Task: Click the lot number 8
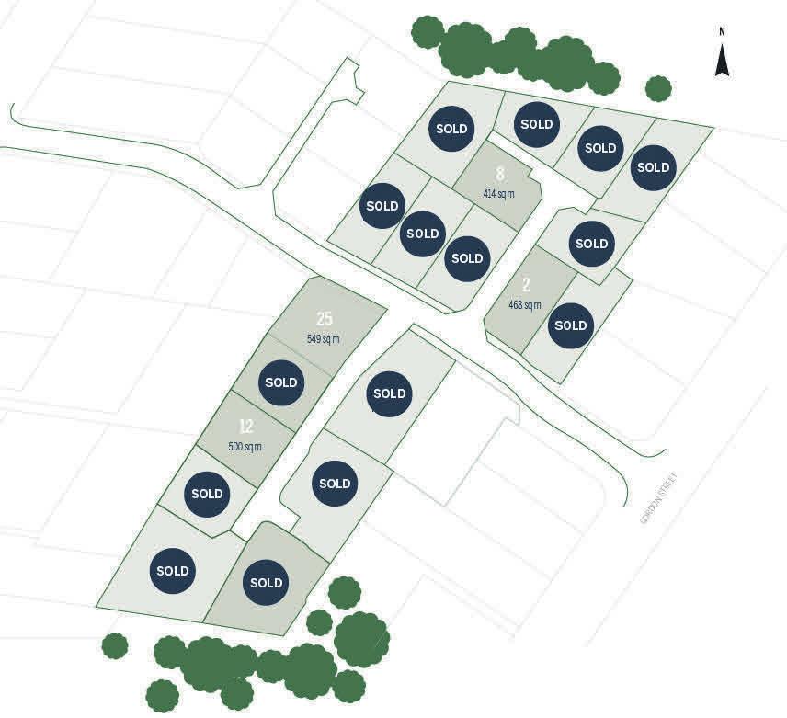coord(500,174)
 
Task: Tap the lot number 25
coord(324,319)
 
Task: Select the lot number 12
coord(245,427)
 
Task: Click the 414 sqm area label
coord(499,194)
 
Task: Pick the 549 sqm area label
coord(324,339)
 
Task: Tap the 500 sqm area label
coord(245,447)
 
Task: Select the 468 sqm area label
coord(525,304)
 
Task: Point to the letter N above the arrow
coord(723,32)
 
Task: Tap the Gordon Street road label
coord(658,498)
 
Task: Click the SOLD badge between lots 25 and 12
coord(281,382)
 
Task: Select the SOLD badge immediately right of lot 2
coord(571,325)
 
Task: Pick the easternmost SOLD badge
coord(654,167)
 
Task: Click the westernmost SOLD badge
coord(173,570)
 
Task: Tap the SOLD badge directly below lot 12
coord(207,494)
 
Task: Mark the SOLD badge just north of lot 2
coord(592,244)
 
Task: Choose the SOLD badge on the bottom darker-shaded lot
coord(267,582)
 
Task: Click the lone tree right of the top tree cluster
coord(658,88)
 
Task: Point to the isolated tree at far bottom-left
coord(114,645)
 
